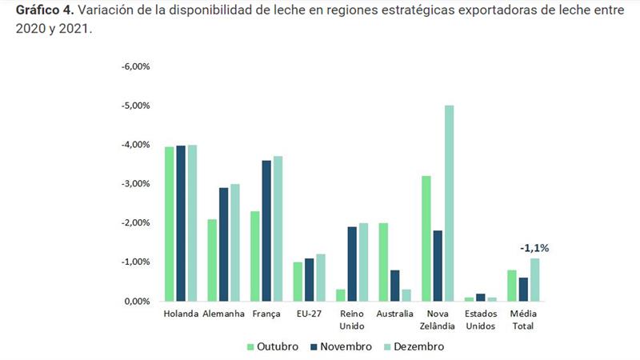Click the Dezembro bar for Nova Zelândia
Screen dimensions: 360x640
point(450,203)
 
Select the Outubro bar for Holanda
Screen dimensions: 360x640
point(169,224)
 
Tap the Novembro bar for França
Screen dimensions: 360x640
point(266,230)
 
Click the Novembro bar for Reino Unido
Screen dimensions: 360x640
point(352,264)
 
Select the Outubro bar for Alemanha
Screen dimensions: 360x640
point(212,260)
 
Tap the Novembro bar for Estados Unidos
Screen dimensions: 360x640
point(482,297)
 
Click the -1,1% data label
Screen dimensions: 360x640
point(534,248)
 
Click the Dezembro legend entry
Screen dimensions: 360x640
point(413,346)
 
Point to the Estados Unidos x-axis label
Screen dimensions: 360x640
point(481,320)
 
